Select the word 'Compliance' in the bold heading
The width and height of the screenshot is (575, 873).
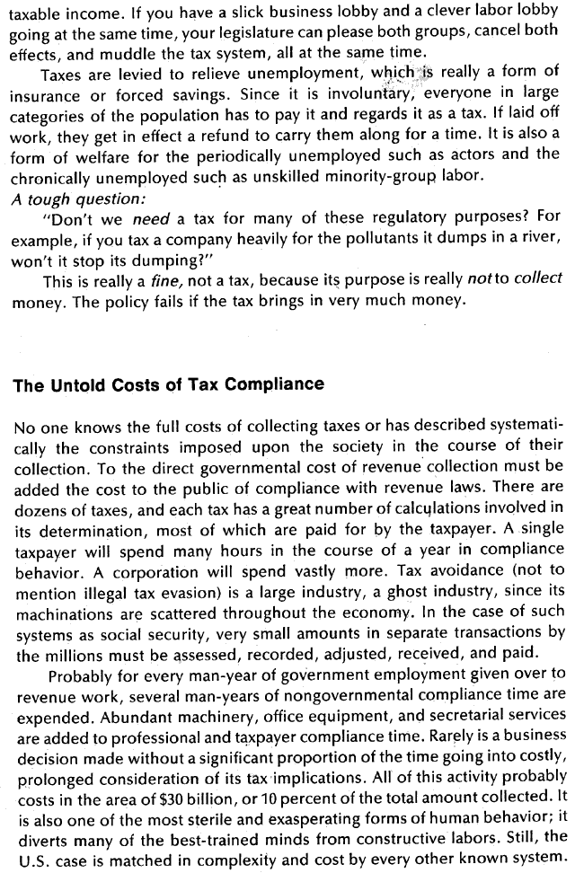pyautogui.click(x=279, y=385)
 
